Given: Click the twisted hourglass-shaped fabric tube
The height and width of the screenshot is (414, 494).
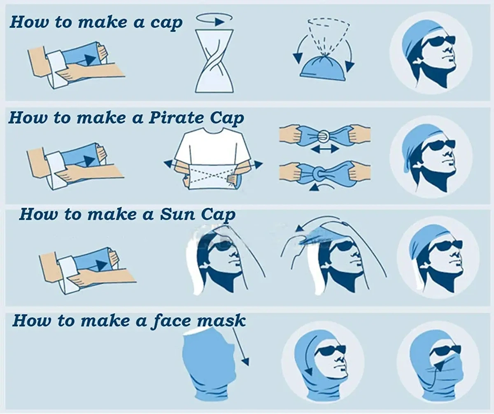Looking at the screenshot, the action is pyautogui.click(x=214, y=61).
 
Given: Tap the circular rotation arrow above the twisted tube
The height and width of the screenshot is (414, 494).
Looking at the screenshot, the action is pyautogui.click(x=214, y=19).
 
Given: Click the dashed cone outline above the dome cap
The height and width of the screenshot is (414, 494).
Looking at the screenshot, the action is pyautogui.click(x=329, y=35).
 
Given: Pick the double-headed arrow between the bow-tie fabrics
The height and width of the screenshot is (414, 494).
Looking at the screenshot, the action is pyautogui.click(x=325, y=149).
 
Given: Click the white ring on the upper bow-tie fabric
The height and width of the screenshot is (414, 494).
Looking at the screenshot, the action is pyautogui.click(x=322, y=136).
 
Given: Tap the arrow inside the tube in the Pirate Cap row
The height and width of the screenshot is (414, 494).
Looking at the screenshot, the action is pyautogui.click(x=90, y=161).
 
